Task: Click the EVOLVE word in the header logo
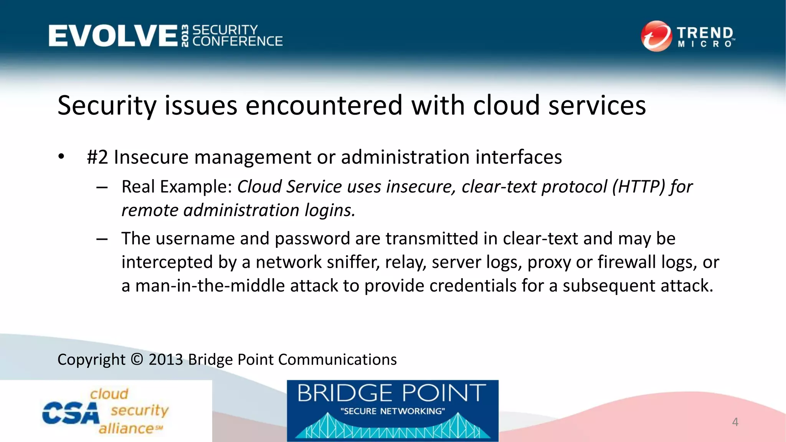click(113, 36)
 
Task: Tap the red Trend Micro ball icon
click(656, 36)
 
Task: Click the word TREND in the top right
click(705, 33)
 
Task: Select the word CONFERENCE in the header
click(238, 41)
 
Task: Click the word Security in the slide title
click(107, 106)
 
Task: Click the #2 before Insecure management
click(97, 157)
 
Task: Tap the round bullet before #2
click(61, 157)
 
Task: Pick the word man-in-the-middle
click(209, 286)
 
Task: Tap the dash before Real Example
click(102, 188)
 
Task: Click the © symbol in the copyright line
click(137, 360)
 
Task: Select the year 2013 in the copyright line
click(165, 360)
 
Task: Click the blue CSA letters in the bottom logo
click(70, 413)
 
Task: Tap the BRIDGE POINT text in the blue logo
click(391, 393)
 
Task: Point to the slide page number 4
click(735, 422)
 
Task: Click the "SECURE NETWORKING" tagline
click(392, 411)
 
